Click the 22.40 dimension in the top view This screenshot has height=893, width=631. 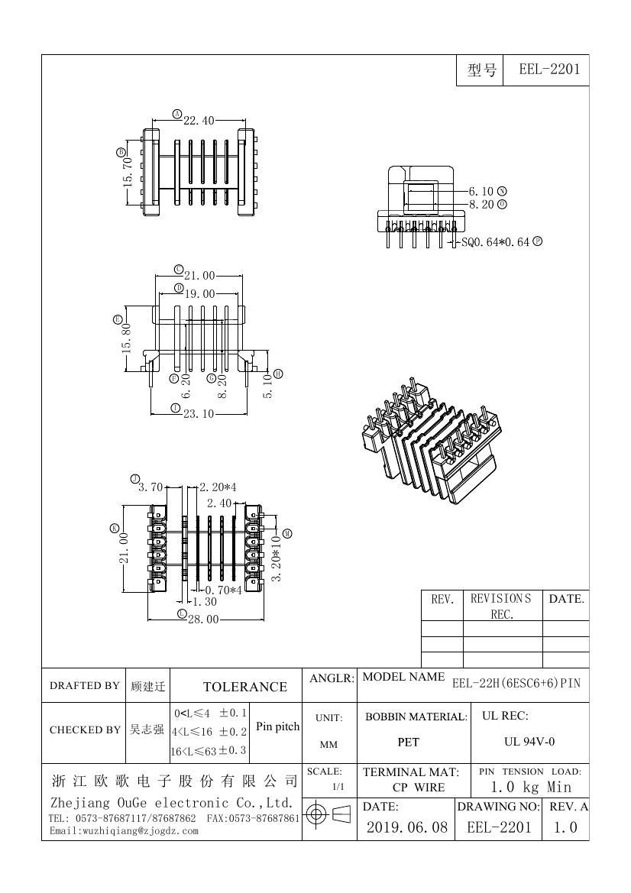199,121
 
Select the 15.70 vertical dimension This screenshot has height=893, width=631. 128,172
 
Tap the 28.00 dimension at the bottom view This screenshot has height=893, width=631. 203,619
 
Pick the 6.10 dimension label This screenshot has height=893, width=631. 481,191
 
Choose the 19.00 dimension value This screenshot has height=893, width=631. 199,293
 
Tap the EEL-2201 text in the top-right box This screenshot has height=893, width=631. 549,70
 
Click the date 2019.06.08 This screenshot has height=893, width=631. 406,827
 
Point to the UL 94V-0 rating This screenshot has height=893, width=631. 529,741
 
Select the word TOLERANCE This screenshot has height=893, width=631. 244,687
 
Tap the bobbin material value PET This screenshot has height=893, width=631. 409,741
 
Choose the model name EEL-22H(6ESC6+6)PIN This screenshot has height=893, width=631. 516,683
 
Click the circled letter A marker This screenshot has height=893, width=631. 176,115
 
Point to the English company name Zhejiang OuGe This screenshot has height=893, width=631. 172,804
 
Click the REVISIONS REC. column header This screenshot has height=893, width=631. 501,606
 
